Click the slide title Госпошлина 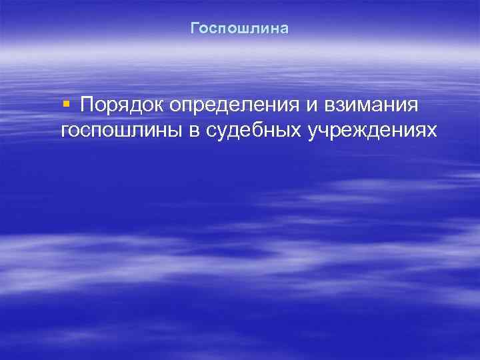pyautogui.click(x=239, y=29)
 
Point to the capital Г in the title pyautogui.click(x=195, y=29)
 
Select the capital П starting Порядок pyautogui.click(x=86, y=105)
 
